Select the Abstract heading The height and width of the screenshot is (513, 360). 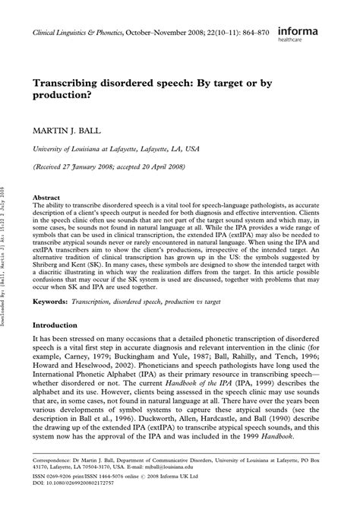(x=45, y=195)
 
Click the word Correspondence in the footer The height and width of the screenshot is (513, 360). (x=55, y=461)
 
